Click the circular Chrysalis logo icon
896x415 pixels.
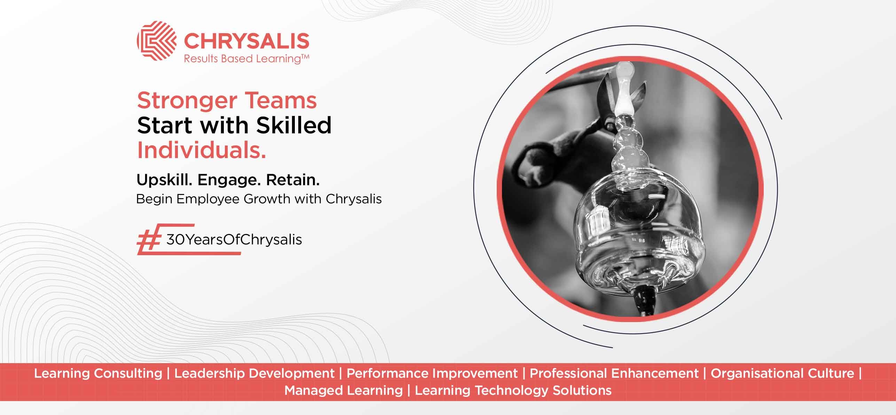(157, 41)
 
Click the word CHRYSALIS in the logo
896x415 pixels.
(246, 41)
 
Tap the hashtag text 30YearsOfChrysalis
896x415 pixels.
(234, 240)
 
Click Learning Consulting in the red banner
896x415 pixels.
(98, 374)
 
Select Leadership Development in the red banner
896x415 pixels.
(254, 374)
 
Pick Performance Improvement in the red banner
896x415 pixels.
(432, 374)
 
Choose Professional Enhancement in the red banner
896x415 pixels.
(614, 373)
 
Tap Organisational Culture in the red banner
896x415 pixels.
(782, 374)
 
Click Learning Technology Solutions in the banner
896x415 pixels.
(513, 391)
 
